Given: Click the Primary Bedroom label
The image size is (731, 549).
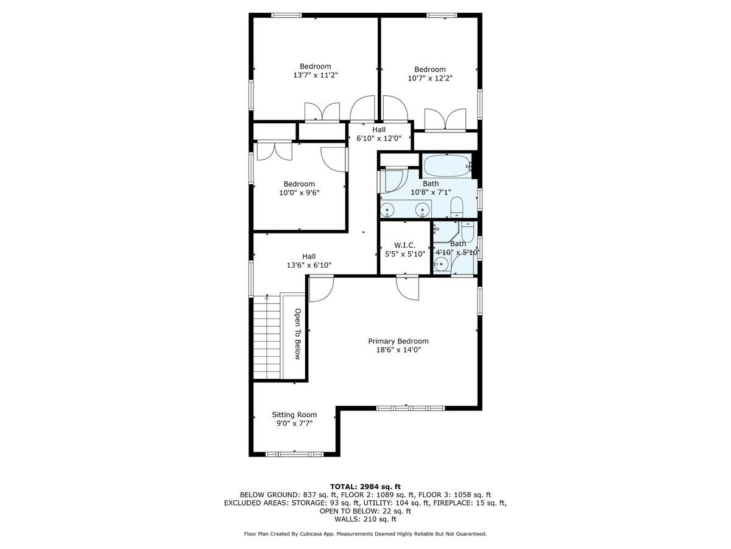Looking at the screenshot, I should [x=398, y=341].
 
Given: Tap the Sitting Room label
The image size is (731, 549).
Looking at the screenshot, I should [x=294, y=415].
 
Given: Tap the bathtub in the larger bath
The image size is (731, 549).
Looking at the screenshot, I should [x=447, y=165].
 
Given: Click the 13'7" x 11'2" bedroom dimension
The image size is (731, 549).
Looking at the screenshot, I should [x=315, y=75].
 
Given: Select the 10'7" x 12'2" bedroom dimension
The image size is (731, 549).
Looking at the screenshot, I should [x=430, y=78].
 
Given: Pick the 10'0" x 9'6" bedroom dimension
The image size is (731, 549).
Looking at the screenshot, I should [x=298, y=193].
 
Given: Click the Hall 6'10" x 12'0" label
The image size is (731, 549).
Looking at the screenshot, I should [x=379, y=134].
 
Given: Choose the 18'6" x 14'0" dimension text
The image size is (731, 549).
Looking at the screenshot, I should [x=398, y=350].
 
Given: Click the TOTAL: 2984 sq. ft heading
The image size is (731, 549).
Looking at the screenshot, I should [x=365, y=486].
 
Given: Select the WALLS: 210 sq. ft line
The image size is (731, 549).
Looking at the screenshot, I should [x=365, y=520].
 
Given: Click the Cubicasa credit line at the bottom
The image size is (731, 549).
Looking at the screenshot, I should [x=365, y=534].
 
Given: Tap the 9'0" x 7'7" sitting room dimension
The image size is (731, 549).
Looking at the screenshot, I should [x=294, y=423].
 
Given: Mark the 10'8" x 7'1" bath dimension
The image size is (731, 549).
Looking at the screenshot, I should [x=430, y=192].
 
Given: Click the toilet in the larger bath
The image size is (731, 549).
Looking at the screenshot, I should [x=457, y=207].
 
